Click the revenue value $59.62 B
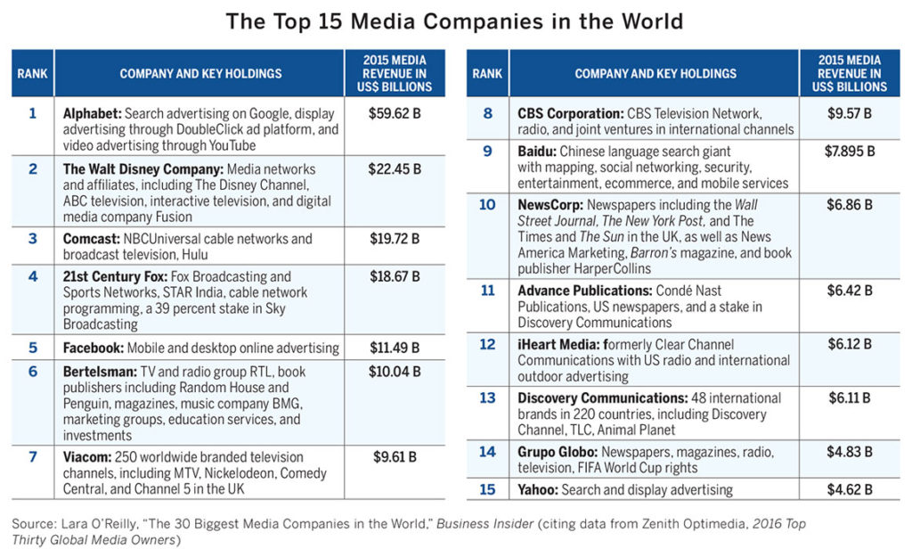[x=394, y=114]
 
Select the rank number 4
[x=33, y=276]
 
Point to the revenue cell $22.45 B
[x=394, y=168]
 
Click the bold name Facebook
[x=93, y=348]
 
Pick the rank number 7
[x=33, y=457]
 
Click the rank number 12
[x=487, y=344]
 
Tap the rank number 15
[x=487, y=488]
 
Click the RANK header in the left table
[x=33, y=74]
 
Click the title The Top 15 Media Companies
[x=455, y=21]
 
